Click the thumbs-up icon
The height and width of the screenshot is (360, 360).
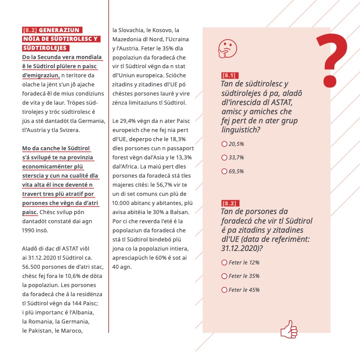289,329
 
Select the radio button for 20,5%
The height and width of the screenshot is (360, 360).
224,144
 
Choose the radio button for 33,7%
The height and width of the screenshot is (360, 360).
224,157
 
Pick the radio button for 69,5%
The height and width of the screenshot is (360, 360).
224,171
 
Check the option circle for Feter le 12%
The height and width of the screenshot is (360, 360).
224,262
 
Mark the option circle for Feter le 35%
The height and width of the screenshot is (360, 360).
224,276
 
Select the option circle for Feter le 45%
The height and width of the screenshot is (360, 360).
224,290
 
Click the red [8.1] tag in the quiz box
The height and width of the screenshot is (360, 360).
230,76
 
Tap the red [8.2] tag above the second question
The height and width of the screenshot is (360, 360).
230,203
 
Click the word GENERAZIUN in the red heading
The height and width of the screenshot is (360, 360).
59,30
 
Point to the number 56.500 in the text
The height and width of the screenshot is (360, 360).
32,267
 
